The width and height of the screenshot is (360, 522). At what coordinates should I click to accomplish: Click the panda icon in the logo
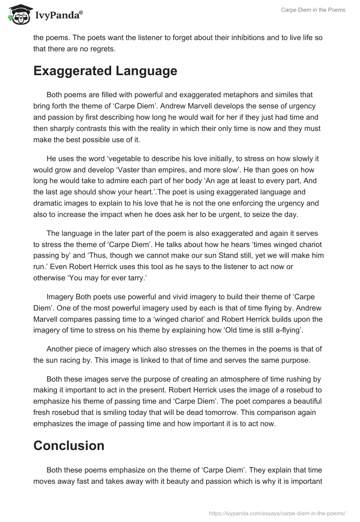[17, 15]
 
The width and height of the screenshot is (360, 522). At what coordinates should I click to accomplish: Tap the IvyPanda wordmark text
[58, 16]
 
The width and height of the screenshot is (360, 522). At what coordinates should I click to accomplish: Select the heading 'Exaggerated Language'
[105, 71]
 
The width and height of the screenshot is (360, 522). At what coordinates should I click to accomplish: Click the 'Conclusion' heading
[69, 445]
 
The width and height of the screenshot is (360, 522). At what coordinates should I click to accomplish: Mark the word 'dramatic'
[47, 203]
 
